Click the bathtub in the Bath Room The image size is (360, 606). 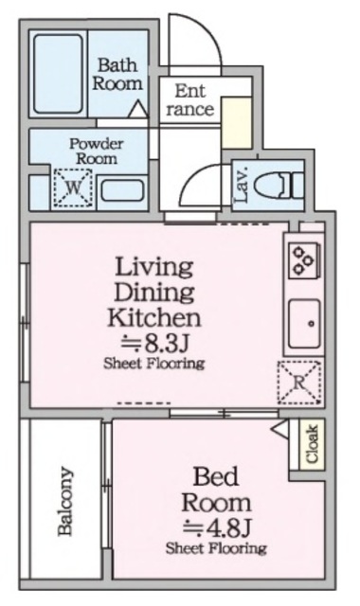pos(59,74)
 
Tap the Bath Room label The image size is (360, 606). pos(117,74)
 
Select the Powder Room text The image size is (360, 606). pos(97,151)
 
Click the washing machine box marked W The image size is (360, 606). pos(73,188)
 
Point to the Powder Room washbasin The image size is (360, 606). pos(122,190)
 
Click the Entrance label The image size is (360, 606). pos(189,100)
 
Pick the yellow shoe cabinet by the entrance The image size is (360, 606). pos(237,122)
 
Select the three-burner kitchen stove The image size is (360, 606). pos(304,260)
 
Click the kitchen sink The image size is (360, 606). pos(305,324)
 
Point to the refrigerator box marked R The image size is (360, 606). pos(299,383)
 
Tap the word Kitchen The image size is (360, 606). pos(154,317)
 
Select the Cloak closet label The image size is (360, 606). pos(312,444)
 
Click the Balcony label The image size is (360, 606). pos(65,501)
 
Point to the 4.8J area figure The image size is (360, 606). pos(217,527)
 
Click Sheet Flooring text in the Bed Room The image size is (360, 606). pos(216,548)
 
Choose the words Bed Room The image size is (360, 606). pos(217,490)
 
